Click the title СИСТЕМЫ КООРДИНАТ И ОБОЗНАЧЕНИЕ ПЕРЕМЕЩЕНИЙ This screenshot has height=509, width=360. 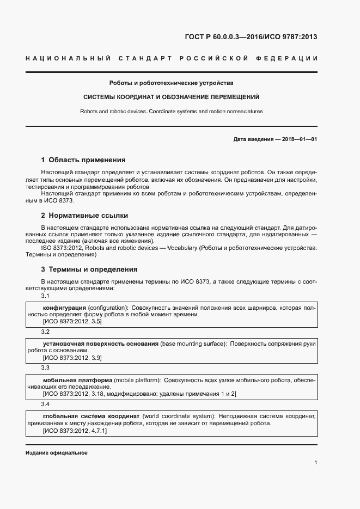[x=171, y=97]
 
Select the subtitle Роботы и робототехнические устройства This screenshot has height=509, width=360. [x=171, y=83]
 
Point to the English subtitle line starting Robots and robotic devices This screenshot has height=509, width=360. [x=171, y=111]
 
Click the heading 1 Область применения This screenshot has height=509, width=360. [x=83, y=160]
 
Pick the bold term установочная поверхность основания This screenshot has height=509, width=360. [x=101, y=344]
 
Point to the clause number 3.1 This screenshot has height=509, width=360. [x=45, y=296]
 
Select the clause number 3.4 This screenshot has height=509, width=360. [x=45, y=404]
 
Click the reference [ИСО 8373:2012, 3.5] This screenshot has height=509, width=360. [x=72, y=322]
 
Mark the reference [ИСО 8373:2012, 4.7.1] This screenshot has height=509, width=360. [x=75, y=431]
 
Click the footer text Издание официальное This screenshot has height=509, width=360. [x=57, y=453]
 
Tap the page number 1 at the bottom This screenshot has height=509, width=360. [x=315, y=463]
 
